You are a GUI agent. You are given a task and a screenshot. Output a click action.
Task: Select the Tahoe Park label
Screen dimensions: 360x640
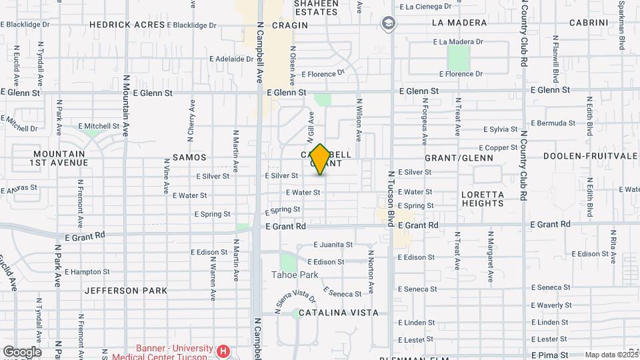(x=295, y=275)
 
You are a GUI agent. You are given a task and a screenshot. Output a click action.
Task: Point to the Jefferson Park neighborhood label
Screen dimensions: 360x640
(x=121, y=291)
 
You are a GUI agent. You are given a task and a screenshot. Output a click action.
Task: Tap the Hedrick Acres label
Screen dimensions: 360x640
(x=127, y=25)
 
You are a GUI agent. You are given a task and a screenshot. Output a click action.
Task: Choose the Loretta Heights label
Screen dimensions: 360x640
(x=482, y=199)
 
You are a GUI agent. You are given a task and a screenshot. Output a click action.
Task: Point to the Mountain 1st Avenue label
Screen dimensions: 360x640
(x=59, y=158)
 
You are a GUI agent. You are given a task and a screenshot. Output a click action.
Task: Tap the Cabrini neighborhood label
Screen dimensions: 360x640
(x=589, y=23)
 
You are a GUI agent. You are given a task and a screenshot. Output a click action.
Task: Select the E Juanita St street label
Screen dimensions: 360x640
(x=333, y=245)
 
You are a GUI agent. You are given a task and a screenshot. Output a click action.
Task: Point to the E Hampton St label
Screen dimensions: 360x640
(x=87, y=272)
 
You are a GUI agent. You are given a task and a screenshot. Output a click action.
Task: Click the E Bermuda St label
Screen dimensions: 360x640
(x=553, y=123)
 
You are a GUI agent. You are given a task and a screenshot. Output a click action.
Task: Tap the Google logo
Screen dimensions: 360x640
(x=22, y=352)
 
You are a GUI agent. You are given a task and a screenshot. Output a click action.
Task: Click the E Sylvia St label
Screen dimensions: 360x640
(x=501, y=129)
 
